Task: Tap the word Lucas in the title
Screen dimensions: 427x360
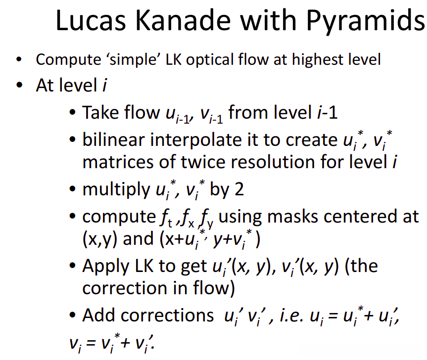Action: click(x=91, y=20)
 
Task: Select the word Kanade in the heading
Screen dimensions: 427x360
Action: click(x=183, y=20)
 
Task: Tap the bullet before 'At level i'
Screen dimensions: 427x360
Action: click(x=19, y=85)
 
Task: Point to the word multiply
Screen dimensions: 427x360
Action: click(x=116, y=190)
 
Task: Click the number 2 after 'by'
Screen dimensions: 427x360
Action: click(x=239, y=189)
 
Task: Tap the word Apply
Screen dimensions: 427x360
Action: click(x=106, y=267)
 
